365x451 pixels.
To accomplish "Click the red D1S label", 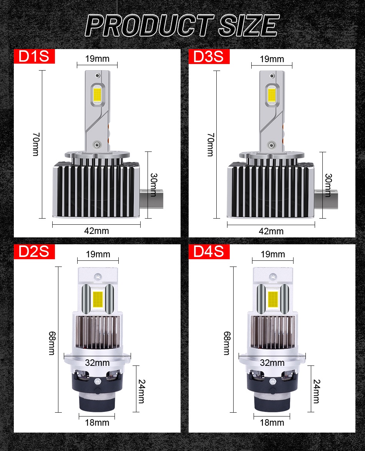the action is tap(35, 56).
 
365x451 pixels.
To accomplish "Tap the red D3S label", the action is tap(209, 56).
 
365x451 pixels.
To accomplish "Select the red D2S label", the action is tap(35, 252).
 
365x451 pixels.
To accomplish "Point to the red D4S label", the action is tap(209, 252).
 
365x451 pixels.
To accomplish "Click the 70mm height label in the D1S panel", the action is tap(35, 144).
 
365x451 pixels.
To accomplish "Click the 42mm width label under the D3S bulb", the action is tap(271, 231).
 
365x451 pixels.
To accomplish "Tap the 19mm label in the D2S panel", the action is tap(98, 254).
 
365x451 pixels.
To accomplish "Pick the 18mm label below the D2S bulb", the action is tap(97, 423).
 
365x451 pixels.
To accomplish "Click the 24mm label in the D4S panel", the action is tap(316, 391).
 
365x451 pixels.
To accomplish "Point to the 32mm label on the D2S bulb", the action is tap(97, 362).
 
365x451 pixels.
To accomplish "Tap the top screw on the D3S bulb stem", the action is tap(273, 75).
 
